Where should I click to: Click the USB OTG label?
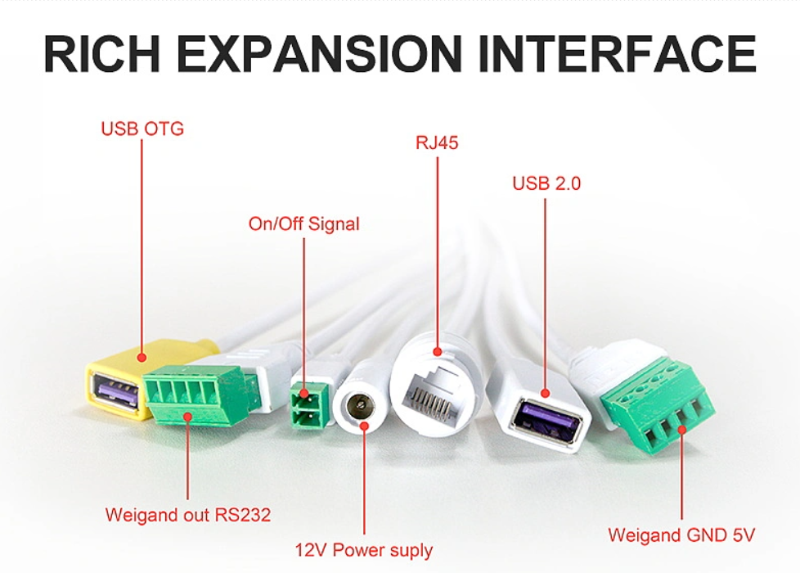tap(142, 129)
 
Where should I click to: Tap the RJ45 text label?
tap(438, 143)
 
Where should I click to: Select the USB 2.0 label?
tap(546, 183)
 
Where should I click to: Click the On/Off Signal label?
tap(304, 224)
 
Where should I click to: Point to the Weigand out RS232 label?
tap(188, 515)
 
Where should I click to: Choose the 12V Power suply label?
tap(364, 550)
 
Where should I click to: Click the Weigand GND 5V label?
tap(681, 535)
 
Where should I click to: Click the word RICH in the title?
tap(102, 54)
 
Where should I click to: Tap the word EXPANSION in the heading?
tap(319, 54)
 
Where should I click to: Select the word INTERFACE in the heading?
tap(618, 54)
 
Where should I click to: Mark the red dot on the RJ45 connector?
tap(438, 351)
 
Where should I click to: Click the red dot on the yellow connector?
tap(142, 358)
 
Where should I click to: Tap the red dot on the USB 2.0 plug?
tap(545, 393)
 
